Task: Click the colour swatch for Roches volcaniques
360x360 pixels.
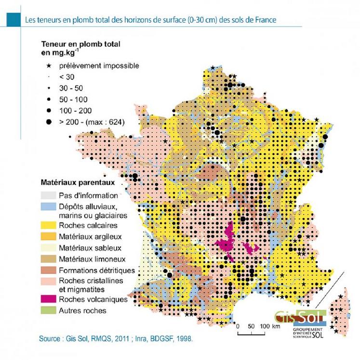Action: click(47, 299)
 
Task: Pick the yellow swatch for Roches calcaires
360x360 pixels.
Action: click(47, 225)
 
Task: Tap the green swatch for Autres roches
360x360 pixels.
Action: click(47, 311)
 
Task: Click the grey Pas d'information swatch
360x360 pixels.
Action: click(47, 196)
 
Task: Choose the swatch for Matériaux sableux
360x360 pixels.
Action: click(47, 248)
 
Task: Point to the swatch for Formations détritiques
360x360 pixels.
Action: click(47, 270)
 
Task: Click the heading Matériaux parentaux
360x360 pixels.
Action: click(76, 183)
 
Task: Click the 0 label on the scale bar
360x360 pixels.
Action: click(238, 326)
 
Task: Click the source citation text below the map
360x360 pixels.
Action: click(116, 339)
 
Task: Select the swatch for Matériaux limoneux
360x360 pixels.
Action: click(47, 259)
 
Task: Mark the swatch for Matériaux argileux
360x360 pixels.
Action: click(47, 237)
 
